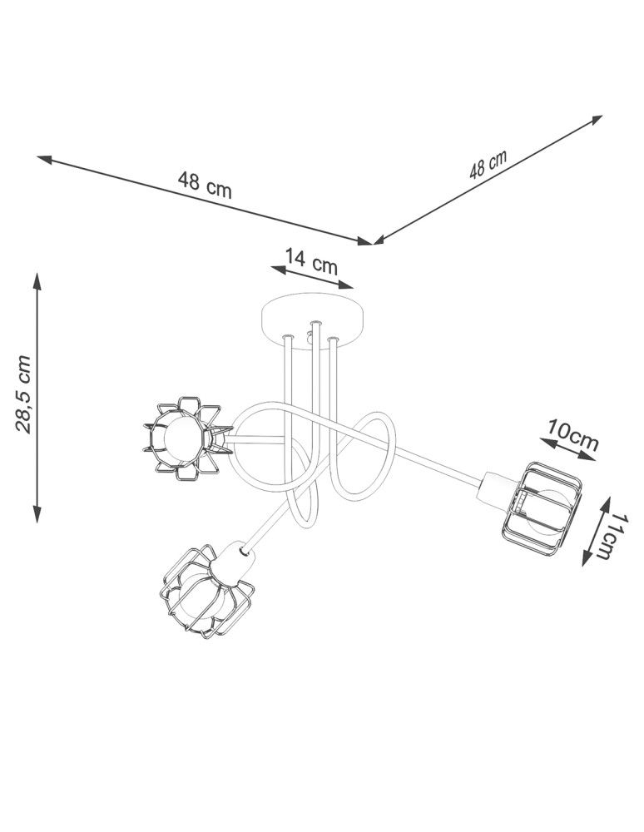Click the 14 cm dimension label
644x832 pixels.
(311, 261)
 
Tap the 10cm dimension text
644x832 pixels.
(572, 434)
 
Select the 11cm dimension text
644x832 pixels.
(614, 537)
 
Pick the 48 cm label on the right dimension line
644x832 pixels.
(488, 166)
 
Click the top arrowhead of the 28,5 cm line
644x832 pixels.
(37, 276)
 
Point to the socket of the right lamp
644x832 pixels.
(495, 488)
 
